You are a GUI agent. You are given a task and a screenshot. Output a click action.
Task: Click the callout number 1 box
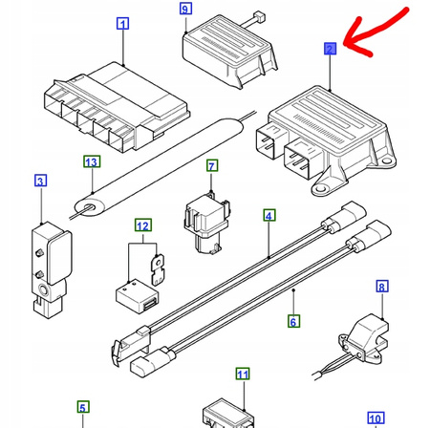[x=123, y=24]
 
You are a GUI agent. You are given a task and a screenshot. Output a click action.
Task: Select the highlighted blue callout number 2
[x=330, y=49]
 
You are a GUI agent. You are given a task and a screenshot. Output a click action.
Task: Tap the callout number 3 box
[x=40, y=181]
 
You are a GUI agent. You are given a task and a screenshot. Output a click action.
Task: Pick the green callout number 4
[x=269, y=216]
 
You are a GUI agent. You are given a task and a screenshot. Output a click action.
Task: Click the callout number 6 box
[x=293, y=321]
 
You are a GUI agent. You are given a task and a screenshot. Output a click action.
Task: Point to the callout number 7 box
[x=212, y=166]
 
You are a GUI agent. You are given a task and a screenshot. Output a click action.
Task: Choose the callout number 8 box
[x=382, y=287]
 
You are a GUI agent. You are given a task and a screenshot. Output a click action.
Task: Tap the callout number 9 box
[x=185, y=9]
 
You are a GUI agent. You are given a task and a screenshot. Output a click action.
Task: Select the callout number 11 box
[x=243, y=374]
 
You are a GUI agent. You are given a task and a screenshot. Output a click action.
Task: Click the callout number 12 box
[x=143, y=225]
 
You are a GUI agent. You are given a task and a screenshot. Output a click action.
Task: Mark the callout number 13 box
[x=92, y=161]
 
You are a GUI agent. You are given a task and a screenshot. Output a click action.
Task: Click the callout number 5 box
[x=83, y=407]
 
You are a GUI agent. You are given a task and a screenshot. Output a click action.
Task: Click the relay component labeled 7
[x=207, y=223]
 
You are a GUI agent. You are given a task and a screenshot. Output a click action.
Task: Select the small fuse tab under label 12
[x=158, y=269]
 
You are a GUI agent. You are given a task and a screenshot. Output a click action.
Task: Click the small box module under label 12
[x=137, y=296]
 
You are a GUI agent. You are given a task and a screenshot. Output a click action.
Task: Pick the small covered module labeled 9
[x=229, y=51]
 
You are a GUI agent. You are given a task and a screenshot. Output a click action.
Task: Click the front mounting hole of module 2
[x=321, y=189]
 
